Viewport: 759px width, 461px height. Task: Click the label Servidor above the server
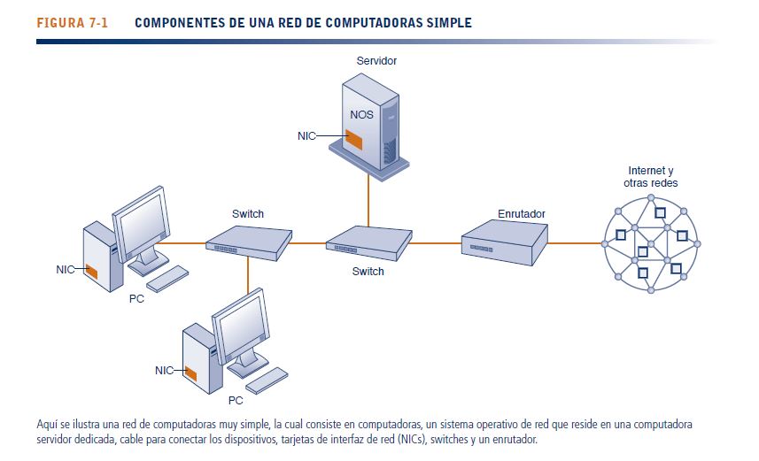(x=376, y=61)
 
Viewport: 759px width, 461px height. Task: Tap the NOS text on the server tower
(x=361, y=115)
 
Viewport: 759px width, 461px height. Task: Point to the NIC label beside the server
(x=306, y=136)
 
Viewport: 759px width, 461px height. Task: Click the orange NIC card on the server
(x=354, y=139)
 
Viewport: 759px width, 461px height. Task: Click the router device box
(x=502, y=242)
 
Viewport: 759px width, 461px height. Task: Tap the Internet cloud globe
(x=650, y=243)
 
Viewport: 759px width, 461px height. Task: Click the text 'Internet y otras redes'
(x=651, y=176)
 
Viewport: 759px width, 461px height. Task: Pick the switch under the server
(x=368, y=241)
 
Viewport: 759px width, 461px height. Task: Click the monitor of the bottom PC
(x=241, y=323)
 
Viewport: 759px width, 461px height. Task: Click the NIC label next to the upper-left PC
(x=65, y=269)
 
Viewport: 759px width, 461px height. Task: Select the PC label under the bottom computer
(x=236, y=399)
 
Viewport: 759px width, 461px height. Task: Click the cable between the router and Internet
(x=575, y=242)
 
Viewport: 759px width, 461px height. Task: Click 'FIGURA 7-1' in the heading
(x=73, y=23)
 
